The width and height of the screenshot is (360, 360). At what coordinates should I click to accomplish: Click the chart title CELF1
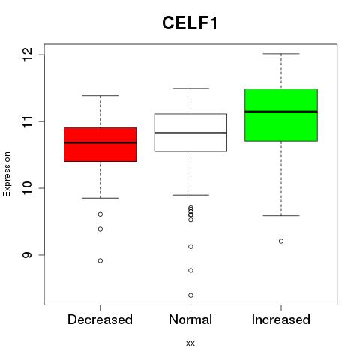(190, 23)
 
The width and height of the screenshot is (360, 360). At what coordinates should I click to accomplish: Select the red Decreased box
(100, 145)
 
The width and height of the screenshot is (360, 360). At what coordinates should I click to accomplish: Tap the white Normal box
(190, 133)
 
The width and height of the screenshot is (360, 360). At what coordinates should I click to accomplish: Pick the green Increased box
(281, 115)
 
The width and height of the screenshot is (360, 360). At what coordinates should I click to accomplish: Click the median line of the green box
(281, 112)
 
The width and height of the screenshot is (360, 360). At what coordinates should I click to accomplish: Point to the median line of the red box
(100, 142)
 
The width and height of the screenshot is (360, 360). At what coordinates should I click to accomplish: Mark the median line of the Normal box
(190, 133)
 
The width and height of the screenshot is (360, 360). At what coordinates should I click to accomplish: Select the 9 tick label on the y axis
(28, 255)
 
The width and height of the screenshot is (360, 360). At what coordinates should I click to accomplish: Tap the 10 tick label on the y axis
(28, 188)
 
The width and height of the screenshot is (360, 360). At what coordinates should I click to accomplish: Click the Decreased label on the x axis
(100, 319)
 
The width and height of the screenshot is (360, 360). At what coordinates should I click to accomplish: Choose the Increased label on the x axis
(281, 319)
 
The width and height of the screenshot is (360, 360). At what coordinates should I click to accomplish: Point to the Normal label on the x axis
(190, 319)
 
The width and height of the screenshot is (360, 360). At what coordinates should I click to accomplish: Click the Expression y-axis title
(7, 174)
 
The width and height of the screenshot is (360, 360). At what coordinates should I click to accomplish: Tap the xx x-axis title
(190, 343)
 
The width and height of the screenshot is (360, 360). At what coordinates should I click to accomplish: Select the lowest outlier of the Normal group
(190, 295)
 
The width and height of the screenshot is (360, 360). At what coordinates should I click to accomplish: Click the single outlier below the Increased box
(281, 241)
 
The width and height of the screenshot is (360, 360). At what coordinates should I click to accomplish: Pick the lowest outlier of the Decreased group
(100, 260)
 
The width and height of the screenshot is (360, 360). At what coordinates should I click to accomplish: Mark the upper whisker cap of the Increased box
(281, 54)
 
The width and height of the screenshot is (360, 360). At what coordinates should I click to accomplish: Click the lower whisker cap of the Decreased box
(100, 198)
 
